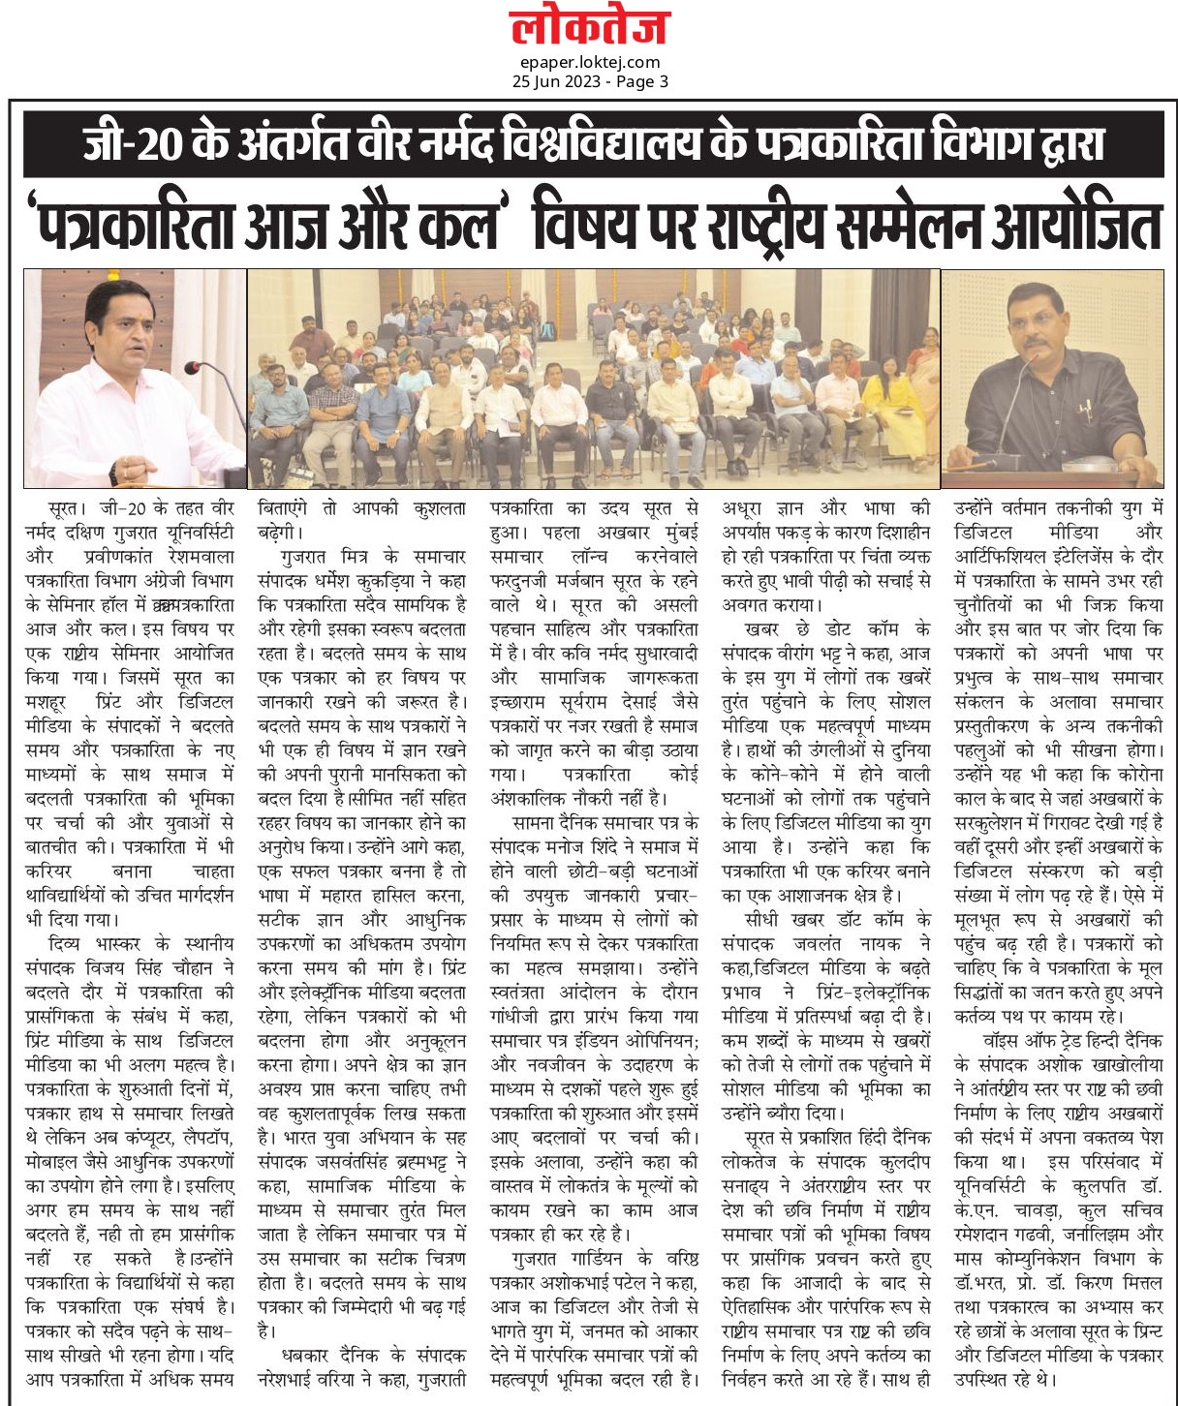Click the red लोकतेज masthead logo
589,27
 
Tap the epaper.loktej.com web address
589,62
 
